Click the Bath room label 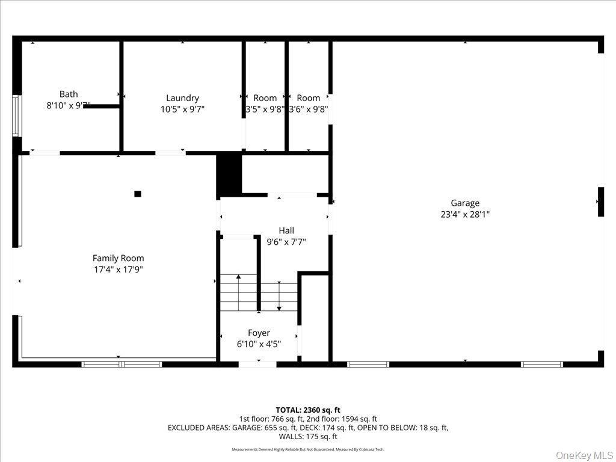[69, 94]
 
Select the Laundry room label [182, 98]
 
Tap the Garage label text [465, 203]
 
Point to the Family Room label [118, 258]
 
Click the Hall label [286, 230]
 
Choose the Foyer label [259, 333]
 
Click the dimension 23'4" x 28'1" [465, 214]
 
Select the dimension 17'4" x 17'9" [118, 269]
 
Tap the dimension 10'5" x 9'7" [182, 109]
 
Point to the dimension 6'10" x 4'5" [259, 344]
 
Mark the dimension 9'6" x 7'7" [286, 242]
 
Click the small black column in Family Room [138, 194]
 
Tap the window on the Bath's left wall [16, 115]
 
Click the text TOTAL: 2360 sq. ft [308, 410]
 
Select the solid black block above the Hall [229, 174]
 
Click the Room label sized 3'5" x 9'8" [265, 98]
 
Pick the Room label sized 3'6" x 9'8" [308, 98]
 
